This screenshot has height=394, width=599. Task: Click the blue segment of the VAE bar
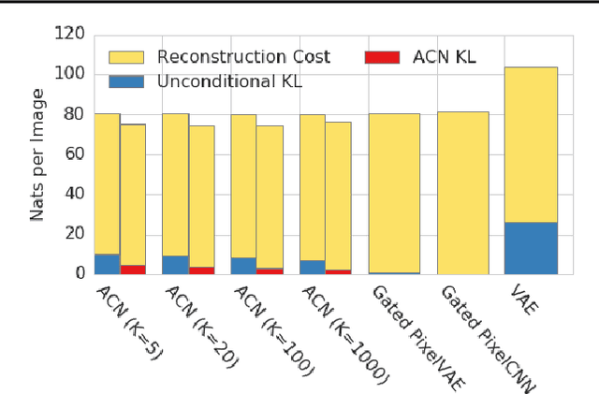tap(531, 247)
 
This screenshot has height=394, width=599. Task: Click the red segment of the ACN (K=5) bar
tap(133, 270)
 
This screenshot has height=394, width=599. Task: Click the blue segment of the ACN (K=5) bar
tap(107, 263)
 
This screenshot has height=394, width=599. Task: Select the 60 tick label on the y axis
tap(75, 154)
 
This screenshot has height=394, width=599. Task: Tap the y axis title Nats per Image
tap(37, 154)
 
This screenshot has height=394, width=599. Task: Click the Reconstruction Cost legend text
tap(243, 57)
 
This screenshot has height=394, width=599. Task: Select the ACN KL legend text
tap(445, 57)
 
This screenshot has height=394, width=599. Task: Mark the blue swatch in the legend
tap(128, 81)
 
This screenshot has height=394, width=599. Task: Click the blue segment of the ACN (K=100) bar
tap(243, 265)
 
